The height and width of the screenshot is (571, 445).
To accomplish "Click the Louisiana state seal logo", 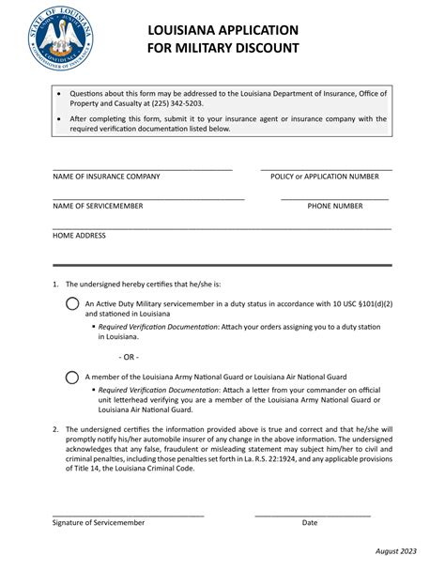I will tap(61, 38).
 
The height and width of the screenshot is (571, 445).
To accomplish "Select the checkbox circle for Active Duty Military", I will tap(72, 303).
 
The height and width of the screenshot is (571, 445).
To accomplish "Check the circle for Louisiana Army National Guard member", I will tap(72, 378).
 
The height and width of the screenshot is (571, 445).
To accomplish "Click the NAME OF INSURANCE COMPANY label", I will tap(106, 177).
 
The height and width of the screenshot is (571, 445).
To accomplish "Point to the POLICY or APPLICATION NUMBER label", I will tap(325, 177).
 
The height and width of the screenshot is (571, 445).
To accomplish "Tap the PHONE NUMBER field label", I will tap(335, 206).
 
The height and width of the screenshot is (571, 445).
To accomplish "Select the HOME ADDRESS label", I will tap(79, 236).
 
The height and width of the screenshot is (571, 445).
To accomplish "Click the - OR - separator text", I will tap(130, 357).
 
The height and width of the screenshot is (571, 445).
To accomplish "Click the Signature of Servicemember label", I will tap(99, 522).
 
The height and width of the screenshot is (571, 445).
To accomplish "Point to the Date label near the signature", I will tap(310, 522).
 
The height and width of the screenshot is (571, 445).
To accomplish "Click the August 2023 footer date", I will tap(395, 552).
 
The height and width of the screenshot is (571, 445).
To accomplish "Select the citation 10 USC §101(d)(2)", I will tap(369, 303).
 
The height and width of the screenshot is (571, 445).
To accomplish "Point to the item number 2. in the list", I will tap(56, 429).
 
